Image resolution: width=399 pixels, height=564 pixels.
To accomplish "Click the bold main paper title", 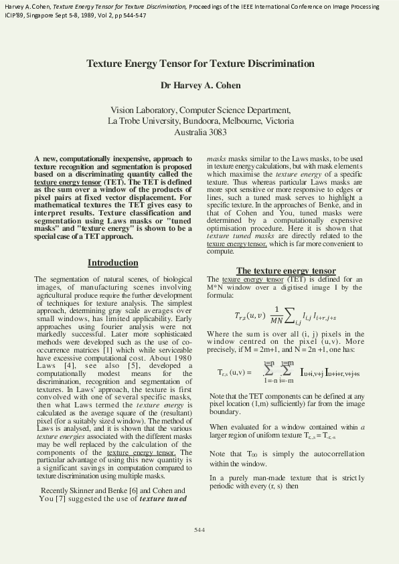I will coord(200,64).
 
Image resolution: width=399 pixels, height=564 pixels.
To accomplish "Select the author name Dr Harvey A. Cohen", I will coord(200,86).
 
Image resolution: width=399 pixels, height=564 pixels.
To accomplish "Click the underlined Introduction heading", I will coord(112,263).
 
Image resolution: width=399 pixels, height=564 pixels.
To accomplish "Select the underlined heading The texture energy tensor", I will coord(286,271).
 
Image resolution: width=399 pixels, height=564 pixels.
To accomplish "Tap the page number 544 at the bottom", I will coord(199,530).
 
